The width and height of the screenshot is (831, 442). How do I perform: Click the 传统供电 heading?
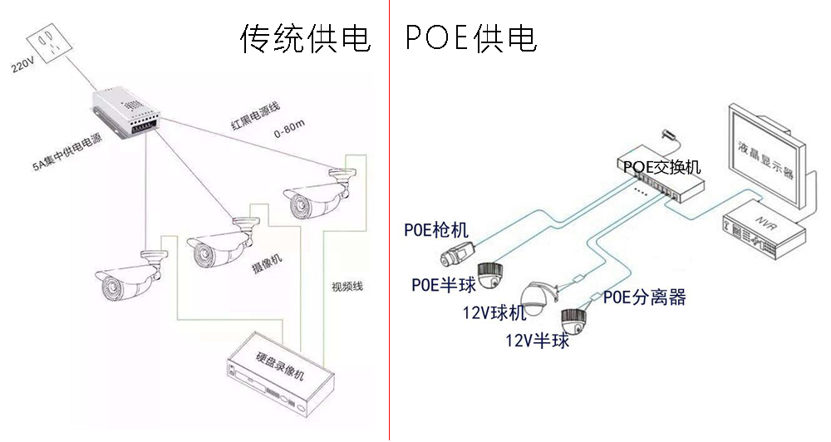pyautogui.click(x=304, y=38)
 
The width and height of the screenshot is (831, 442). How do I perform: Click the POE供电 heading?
pyautogui.click(x=471, y=38)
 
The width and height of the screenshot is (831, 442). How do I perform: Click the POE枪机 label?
pyautogui.click(x=435, y=231)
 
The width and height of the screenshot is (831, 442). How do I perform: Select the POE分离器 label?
pyautogui.click(x=644, y=297)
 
